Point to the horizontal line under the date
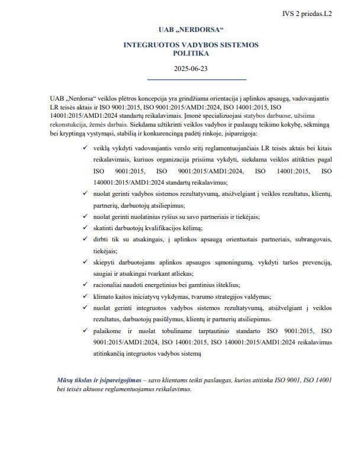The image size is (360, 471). tap(196, 79)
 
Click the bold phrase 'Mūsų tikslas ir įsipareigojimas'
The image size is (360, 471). tap(101, 379)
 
